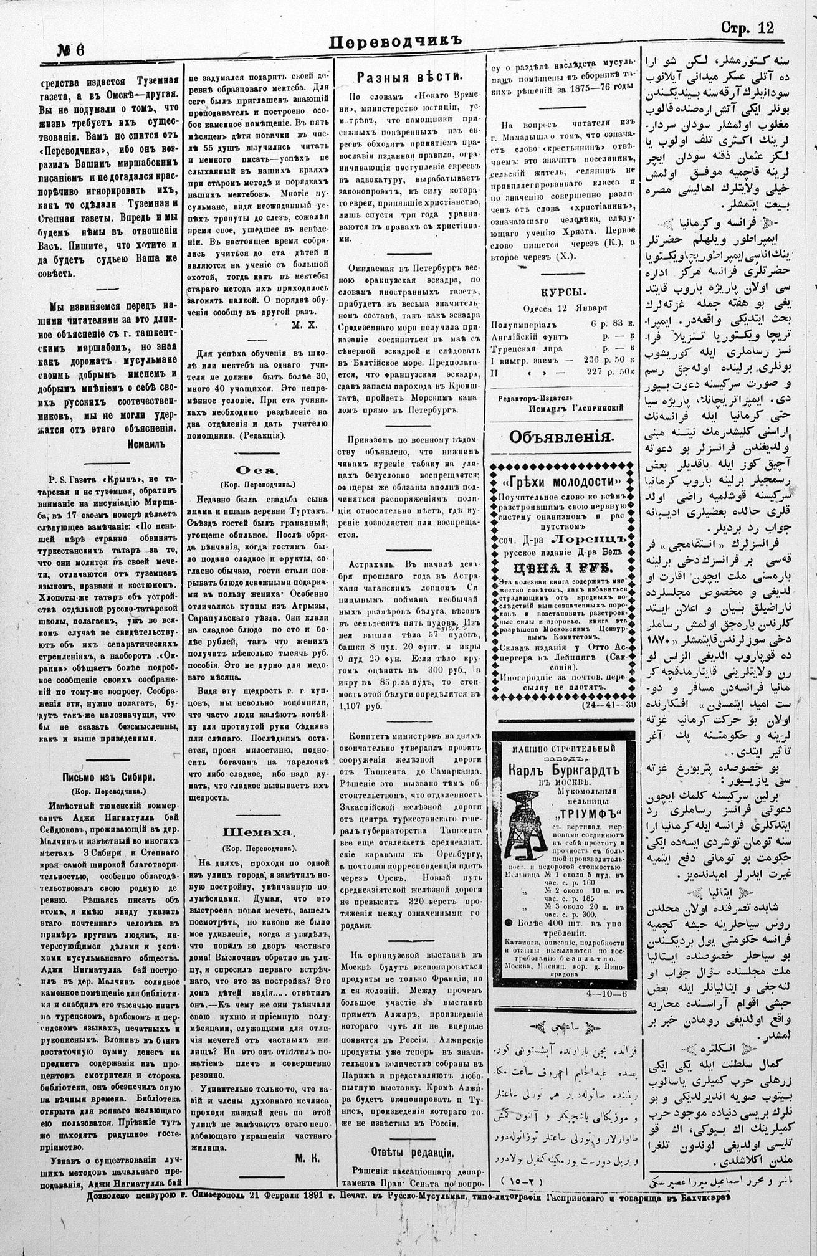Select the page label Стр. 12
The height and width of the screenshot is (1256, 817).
pos(747,27)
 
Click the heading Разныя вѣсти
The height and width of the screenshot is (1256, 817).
pos(409,77)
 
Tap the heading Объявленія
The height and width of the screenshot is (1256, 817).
pos(562,437)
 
